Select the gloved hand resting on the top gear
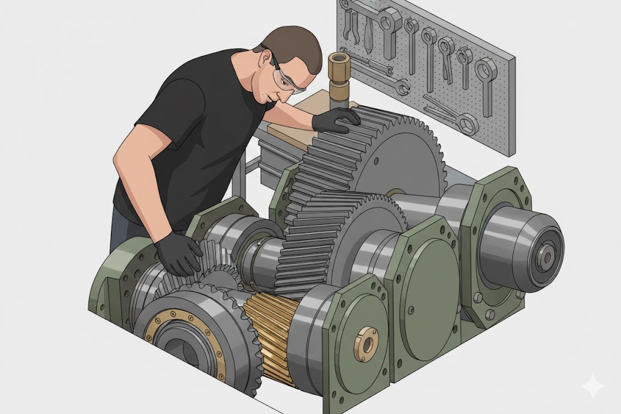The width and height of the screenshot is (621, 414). (336, 118)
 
